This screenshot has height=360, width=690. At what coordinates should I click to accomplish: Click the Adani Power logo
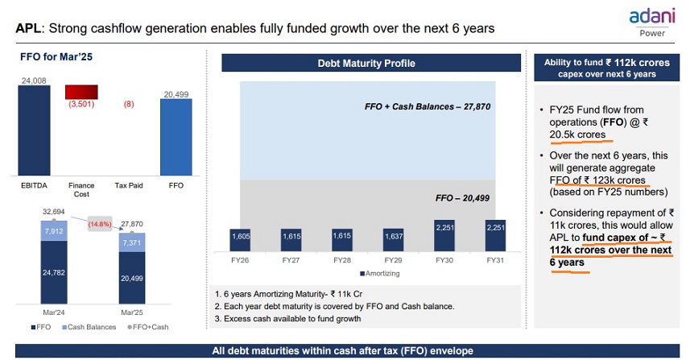[x=651, y=19]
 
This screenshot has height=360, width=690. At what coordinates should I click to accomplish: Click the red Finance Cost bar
[x=81, y=92]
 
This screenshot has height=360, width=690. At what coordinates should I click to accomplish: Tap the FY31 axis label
[x=495, y=262]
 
